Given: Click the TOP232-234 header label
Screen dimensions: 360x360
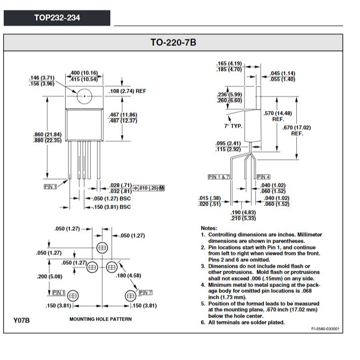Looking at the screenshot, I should pyautogui.click(x=57, y=18).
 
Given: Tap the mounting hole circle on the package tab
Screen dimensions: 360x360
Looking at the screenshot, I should pyautogui.click(x=85, y=95).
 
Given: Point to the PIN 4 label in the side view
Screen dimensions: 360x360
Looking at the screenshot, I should pyautogui.click(x=263, y=177).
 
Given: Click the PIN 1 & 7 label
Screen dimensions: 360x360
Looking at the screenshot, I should pyautogui.click(x=219, y=177).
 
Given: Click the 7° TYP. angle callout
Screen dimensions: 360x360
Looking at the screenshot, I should pyautogui.click(x=233, y=126).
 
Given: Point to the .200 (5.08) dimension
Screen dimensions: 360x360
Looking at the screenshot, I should pyautogui.click(x=49, y=276).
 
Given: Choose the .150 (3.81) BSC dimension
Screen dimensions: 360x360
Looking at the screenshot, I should pyautogui.click(x=112, y=207).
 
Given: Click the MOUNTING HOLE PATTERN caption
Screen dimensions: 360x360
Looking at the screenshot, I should pyautogui.click(x=101, y=319).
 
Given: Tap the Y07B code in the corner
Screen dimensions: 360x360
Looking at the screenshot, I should pyautogui.click(x=22, y=321).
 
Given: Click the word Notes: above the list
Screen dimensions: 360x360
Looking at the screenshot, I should pyautogui.click(x=209, y=228).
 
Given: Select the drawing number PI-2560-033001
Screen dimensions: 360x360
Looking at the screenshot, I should pyautogui.click(x=325, y=328).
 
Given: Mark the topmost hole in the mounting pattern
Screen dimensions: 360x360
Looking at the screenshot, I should pyautogui.click(x=102, y=247).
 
